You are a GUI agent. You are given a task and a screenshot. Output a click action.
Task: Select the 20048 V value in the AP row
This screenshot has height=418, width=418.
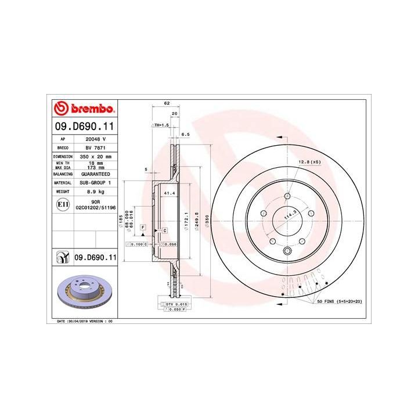[96, 139]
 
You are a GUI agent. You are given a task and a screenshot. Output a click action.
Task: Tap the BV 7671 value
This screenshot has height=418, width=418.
[96, 148]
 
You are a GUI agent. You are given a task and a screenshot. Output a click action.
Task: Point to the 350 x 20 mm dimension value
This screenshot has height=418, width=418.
[96, 157]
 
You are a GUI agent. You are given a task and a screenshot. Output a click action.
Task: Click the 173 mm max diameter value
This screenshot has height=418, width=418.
[96, 168]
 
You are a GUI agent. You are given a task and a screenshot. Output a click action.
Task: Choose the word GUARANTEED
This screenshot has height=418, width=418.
[96, 174]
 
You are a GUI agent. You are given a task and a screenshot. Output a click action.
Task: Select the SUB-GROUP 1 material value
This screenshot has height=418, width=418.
[96, 182]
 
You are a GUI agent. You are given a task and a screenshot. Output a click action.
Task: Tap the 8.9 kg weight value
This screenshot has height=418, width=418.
[96, 191]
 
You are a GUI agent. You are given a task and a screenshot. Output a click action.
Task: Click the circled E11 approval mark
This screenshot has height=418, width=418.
[62, 204]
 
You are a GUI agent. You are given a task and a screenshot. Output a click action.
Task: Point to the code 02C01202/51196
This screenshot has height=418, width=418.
[96, 207]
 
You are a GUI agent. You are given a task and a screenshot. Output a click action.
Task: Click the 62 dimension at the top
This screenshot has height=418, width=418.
[167, 103]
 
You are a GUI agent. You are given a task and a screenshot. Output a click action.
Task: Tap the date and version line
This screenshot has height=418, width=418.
[84, 321]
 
